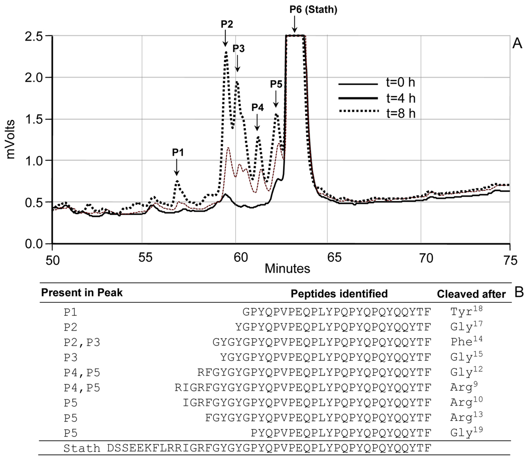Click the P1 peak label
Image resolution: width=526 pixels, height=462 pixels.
[x=178, y=153]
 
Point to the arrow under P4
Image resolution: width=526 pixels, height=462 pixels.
[x=257, y=120]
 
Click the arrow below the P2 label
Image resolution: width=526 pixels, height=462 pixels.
[x=225, y=37]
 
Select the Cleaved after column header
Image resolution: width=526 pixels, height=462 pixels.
[x=471, y=294]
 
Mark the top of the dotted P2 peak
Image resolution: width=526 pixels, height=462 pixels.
[x=226, y=52]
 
